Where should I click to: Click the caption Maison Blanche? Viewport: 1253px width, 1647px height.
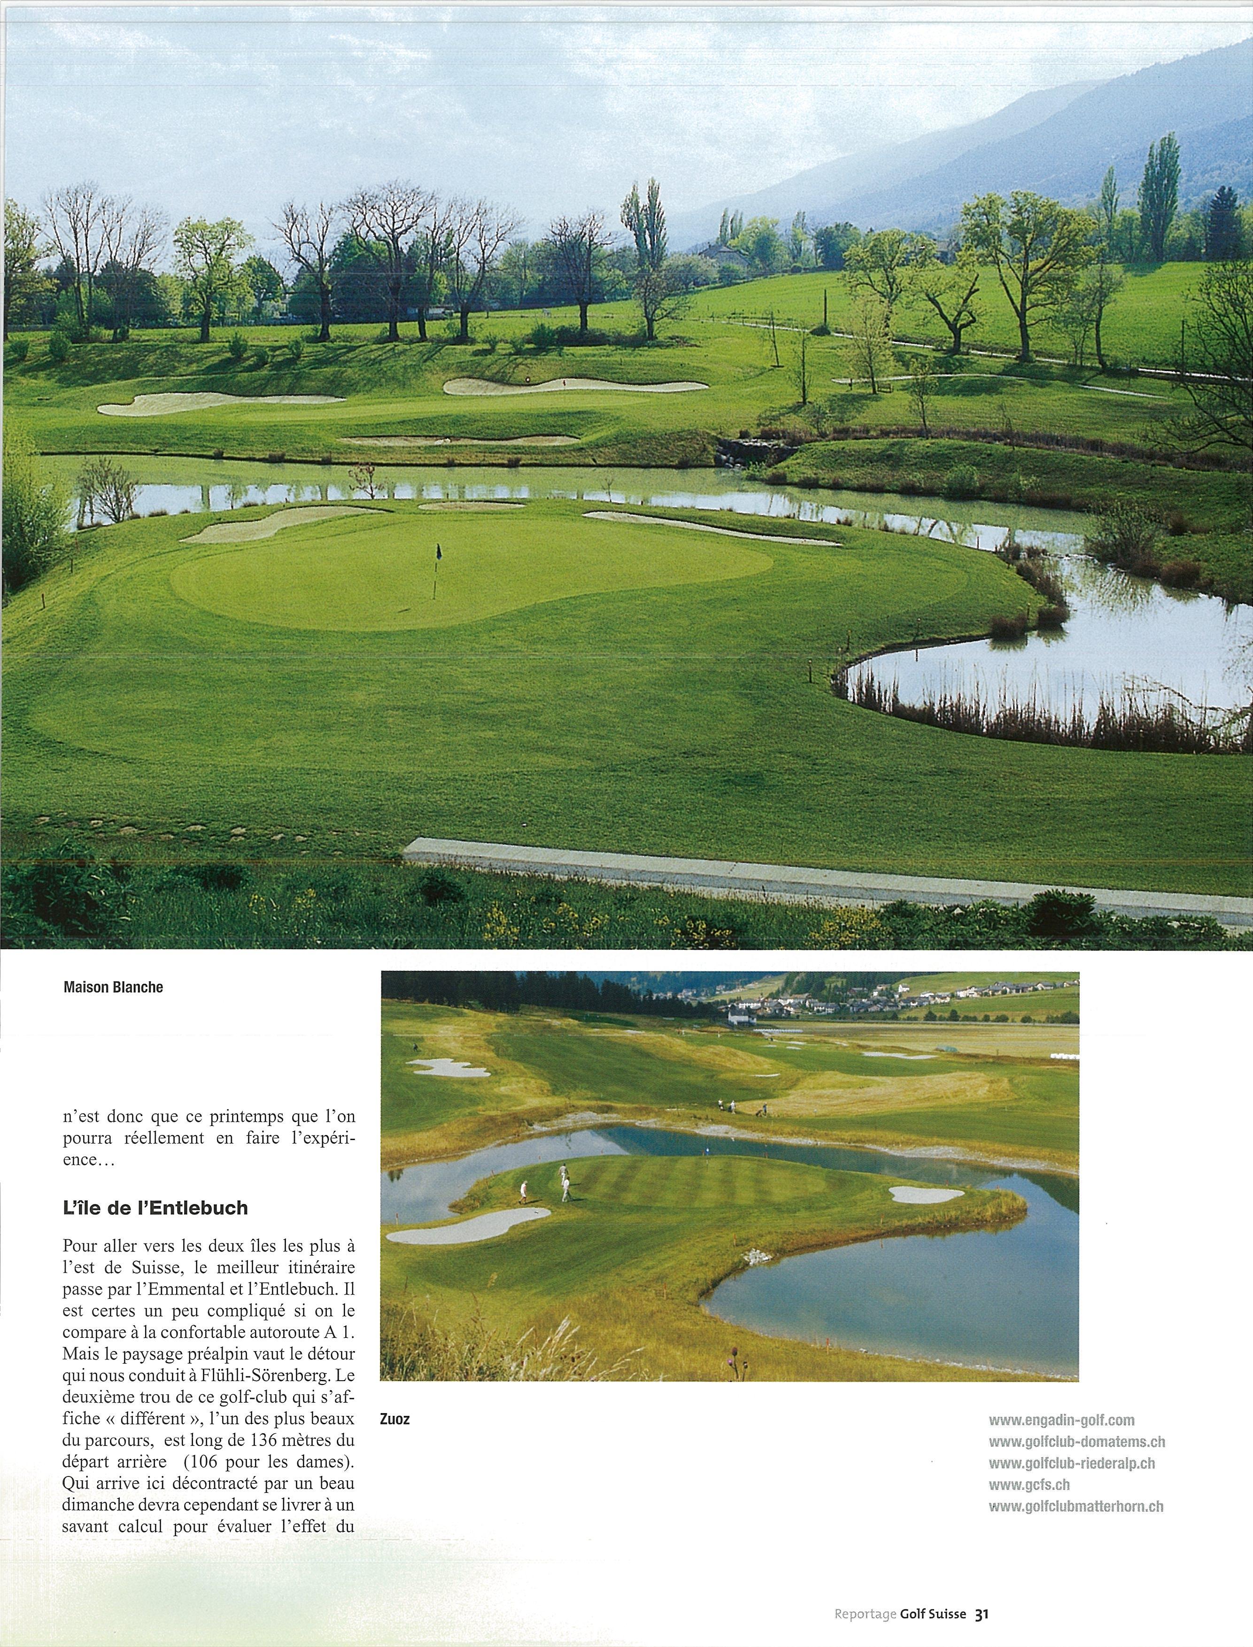tap(113, 987)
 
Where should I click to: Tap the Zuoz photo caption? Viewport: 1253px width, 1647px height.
tap(394, 1419)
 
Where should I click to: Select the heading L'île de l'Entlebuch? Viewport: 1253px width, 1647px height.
tap(155, 1208)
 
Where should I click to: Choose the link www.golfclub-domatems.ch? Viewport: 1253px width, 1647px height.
tap(1076, 1442)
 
